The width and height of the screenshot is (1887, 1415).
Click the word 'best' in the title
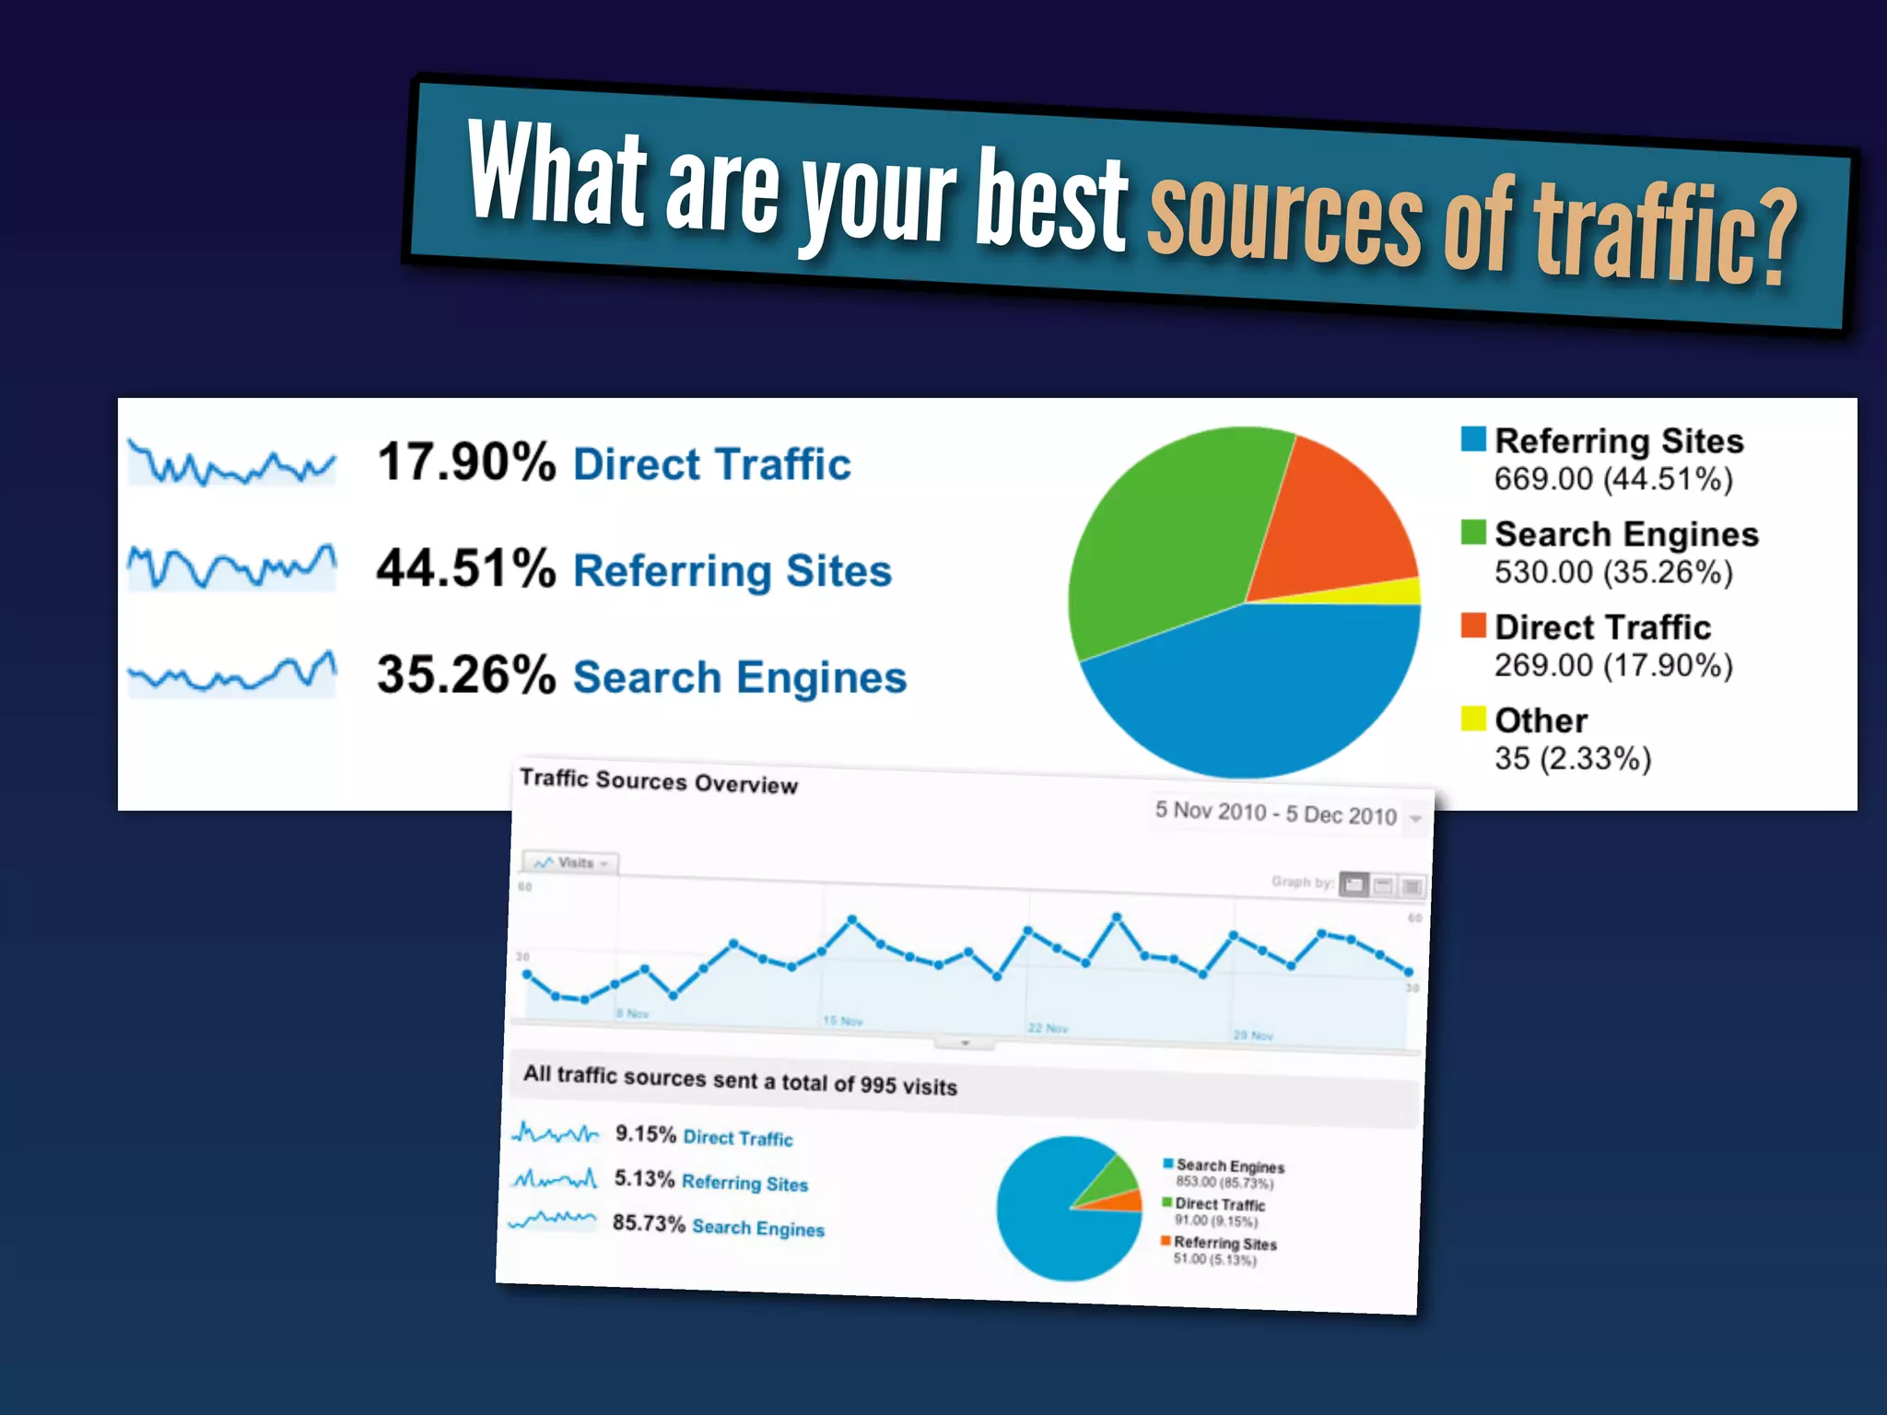coord(1051,201)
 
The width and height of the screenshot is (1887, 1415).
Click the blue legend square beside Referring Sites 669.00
coord(1472,439)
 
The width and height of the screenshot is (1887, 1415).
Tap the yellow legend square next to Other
coord(1472,719)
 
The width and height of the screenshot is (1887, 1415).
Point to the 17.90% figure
coord(466,462)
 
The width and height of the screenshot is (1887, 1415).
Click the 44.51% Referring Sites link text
coord(733,570)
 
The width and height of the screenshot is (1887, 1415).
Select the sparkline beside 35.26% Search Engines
coord(232,675)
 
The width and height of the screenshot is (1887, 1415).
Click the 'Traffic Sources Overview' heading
coord(658,781)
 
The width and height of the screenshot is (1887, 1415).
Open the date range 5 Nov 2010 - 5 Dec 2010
coord(1276,813)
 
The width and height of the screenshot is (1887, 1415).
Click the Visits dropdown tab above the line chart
coord(572,863)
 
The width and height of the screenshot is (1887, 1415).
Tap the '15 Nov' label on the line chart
coord(843,1021)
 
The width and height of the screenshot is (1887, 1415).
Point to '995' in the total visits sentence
coord(878,1084)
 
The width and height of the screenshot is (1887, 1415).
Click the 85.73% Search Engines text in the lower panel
coord(718,1226)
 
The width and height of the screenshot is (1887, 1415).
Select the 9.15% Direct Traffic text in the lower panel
coord(703,1136)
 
